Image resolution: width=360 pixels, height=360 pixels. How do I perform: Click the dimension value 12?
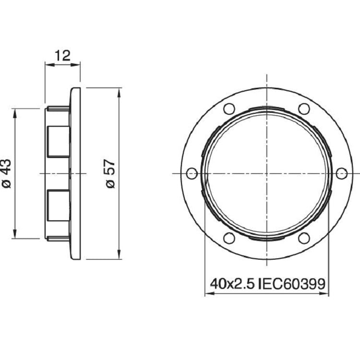[x=62, y=55]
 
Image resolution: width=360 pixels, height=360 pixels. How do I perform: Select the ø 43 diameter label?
[x=6, y=174]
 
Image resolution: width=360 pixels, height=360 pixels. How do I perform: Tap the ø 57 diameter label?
[x=110, y=174]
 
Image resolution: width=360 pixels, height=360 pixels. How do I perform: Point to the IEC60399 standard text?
[x=292, y=284]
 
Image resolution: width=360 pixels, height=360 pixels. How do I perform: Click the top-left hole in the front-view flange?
[x=229, y=108]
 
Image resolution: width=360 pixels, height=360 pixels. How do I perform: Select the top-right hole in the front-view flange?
[x=303, y=108]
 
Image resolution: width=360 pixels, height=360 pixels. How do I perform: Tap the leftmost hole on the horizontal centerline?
[x=192, y=173]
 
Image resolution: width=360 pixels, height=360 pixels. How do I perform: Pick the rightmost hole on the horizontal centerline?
[x=341, y=173]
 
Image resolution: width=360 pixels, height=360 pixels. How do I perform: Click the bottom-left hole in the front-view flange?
[x=229, y=238]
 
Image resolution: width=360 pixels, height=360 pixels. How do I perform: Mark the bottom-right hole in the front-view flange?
[x=303, y=238]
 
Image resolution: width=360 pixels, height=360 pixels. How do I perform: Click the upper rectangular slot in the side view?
[x=59, y=140]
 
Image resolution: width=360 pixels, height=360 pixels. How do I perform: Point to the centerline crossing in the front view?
[x=266, y=173]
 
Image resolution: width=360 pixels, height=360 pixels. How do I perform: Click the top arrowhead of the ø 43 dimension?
[x=16, y=112]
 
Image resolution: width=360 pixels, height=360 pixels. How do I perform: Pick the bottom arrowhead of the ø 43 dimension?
[x=16, y=235]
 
